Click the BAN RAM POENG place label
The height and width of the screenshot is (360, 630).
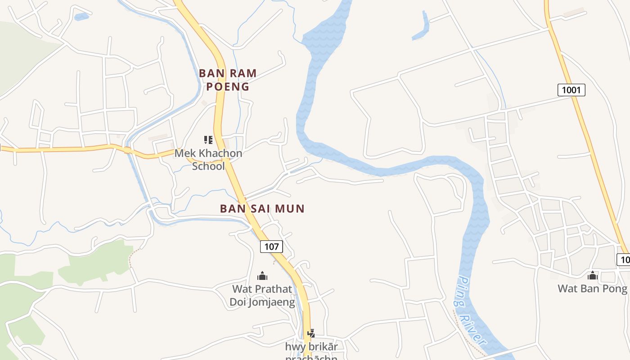tap(228, 80)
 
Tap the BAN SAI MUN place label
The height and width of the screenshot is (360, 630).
tap(262, 209)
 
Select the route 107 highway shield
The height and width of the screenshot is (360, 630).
tap(271, 247)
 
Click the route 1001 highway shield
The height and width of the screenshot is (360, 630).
tap(571, 90)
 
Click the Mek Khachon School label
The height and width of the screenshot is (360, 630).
tap(208, 160)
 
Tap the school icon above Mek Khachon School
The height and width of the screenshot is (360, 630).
tap(208, 140)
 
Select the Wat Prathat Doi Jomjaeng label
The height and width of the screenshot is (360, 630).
tap(262, 295)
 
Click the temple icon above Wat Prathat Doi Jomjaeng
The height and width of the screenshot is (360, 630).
tap(262, 276)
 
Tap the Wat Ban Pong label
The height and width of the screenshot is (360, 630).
tap(592, 288)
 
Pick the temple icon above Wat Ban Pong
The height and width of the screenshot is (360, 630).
tap(593, 275)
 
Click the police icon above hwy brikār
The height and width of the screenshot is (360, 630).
tap(310, 333)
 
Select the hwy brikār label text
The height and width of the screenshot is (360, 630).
tap(311, 347)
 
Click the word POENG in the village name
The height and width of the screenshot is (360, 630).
tap(228, 87)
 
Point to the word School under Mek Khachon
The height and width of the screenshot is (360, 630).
tap(208, 166)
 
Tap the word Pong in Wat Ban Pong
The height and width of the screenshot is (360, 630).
tap(615, 288)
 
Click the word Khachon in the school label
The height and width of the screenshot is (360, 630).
tap(221, 153)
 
